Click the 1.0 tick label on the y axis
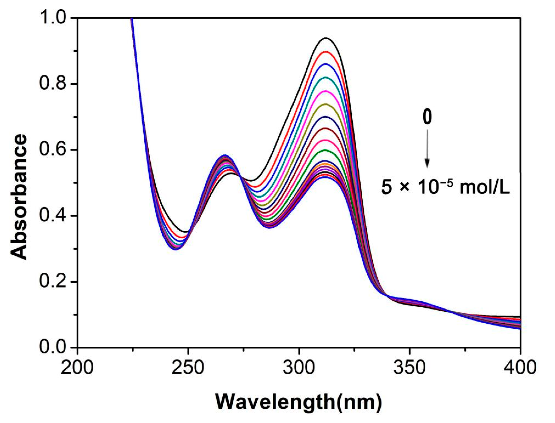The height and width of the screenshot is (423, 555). coord(54,18)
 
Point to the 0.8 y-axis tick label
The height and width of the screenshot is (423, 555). coord(54,84)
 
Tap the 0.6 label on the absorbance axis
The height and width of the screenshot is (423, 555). coord(54,150)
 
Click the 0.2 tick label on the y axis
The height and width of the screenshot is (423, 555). coord(54,282)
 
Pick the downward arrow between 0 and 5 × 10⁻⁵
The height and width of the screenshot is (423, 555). coord(427,149)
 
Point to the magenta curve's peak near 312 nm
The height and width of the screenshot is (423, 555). coord(325,91)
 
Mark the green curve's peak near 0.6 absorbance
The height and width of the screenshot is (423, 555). coord(325,150)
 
